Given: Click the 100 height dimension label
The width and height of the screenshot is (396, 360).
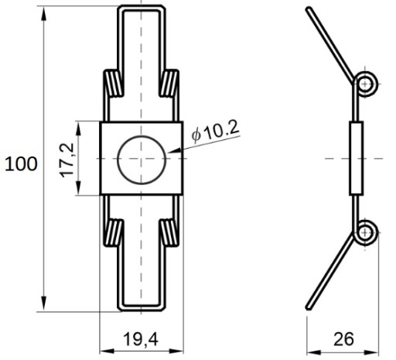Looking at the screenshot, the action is (21, 164).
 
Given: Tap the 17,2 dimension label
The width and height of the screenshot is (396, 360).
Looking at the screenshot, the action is (67, 160).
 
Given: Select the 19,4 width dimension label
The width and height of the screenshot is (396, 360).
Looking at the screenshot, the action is (141, 339).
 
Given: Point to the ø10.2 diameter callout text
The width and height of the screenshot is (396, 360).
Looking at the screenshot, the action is (216, 131).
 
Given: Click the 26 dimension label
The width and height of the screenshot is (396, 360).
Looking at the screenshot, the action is (343, 339).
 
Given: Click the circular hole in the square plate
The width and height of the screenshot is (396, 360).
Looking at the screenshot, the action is (142, 136).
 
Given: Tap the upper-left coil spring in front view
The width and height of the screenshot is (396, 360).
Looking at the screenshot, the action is (113, 84).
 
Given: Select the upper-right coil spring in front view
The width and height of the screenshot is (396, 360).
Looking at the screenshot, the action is (169, 84).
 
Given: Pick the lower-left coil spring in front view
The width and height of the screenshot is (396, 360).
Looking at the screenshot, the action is (113, 233).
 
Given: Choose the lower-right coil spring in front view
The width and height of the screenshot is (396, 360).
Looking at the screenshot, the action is (169, 233).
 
